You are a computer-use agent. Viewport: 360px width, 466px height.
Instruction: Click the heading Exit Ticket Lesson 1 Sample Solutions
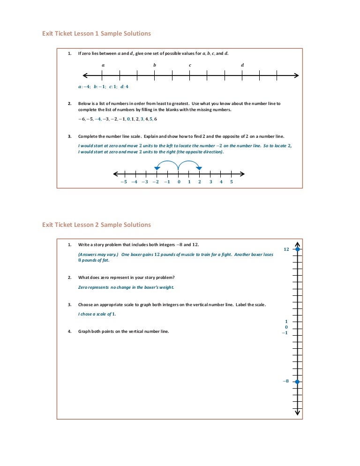[x=97, y=34]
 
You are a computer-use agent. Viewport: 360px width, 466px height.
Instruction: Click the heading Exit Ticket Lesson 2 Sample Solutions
[x=97, y=225]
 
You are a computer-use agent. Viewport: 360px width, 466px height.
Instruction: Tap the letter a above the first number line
[x=103, y=65]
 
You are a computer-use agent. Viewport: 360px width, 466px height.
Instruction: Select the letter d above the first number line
[x=242, y=65]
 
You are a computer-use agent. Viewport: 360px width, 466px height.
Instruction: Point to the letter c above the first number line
[x=190, y=65]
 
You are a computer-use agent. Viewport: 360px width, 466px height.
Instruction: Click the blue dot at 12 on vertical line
[x=297, y=249]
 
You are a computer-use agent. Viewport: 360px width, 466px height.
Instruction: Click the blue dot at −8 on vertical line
[x=297, y=382]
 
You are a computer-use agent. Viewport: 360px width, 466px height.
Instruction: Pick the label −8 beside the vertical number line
[x=285, y=382]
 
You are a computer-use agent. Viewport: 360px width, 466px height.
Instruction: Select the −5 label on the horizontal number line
[x=123, y=182]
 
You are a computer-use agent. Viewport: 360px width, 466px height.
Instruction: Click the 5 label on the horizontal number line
[x=232, y=182]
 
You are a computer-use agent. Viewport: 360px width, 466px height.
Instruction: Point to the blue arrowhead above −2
[x=157, y=168]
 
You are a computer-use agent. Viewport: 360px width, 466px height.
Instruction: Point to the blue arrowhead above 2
[x=199, y=168]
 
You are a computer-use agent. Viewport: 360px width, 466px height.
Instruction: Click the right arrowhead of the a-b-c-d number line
[x=296, y=75]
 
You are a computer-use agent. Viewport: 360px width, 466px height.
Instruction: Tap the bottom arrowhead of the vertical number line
[x=297, y=413]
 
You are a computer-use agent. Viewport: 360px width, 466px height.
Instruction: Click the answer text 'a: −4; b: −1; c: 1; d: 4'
[x=103, y=87]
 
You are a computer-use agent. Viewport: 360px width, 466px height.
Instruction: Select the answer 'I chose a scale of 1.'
[x=97, y=314]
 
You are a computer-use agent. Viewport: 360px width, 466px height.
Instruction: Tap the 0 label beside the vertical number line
[x=286, y=327]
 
